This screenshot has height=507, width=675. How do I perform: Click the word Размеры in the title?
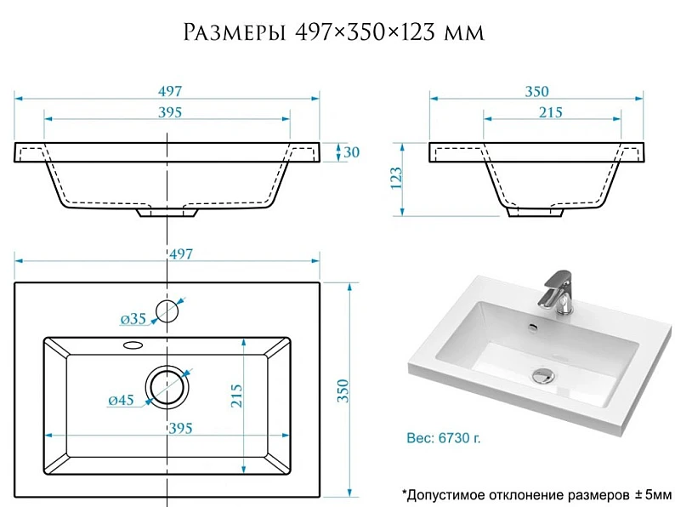(235, 32)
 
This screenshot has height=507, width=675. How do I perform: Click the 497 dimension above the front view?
(170, 91)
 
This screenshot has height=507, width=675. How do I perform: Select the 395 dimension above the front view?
(170, 112)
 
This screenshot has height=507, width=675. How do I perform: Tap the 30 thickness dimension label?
(351, 152)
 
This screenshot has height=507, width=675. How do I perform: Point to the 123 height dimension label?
(396, 178)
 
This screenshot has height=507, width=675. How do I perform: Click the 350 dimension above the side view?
(536, 91)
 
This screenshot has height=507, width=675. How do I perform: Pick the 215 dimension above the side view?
(551, 112)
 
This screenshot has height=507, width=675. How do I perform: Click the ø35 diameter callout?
(133, 319)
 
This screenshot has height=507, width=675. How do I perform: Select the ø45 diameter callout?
(121, 400)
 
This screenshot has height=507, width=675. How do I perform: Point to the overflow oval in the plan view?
(133, 345)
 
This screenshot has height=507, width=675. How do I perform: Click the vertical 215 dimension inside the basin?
(237, 396)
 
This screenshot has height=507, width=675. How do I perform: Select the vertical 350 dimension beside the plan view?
(343, 390)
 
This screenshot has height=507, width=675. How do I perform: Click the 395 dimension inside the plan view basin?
(180, 428)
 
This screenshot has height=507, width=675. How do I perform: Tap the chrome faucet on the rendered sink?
(558, 292)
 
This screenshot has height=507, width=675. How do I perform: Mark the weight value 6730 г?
(459, 438)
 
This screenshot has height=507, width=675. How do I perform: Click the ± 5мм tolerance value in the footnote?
(653, 494)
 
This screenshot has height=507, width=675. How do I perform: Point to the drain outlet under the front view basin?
(167, 212)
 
